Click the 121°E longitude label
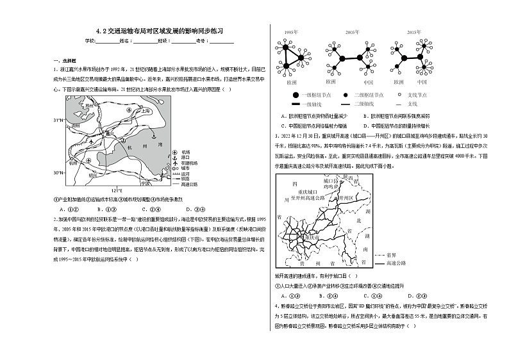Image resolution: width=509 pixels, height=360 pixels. [x=117, y=190]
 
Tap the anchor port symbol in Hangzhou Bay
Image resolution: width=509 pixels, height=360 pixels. [x=153, y=136]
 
